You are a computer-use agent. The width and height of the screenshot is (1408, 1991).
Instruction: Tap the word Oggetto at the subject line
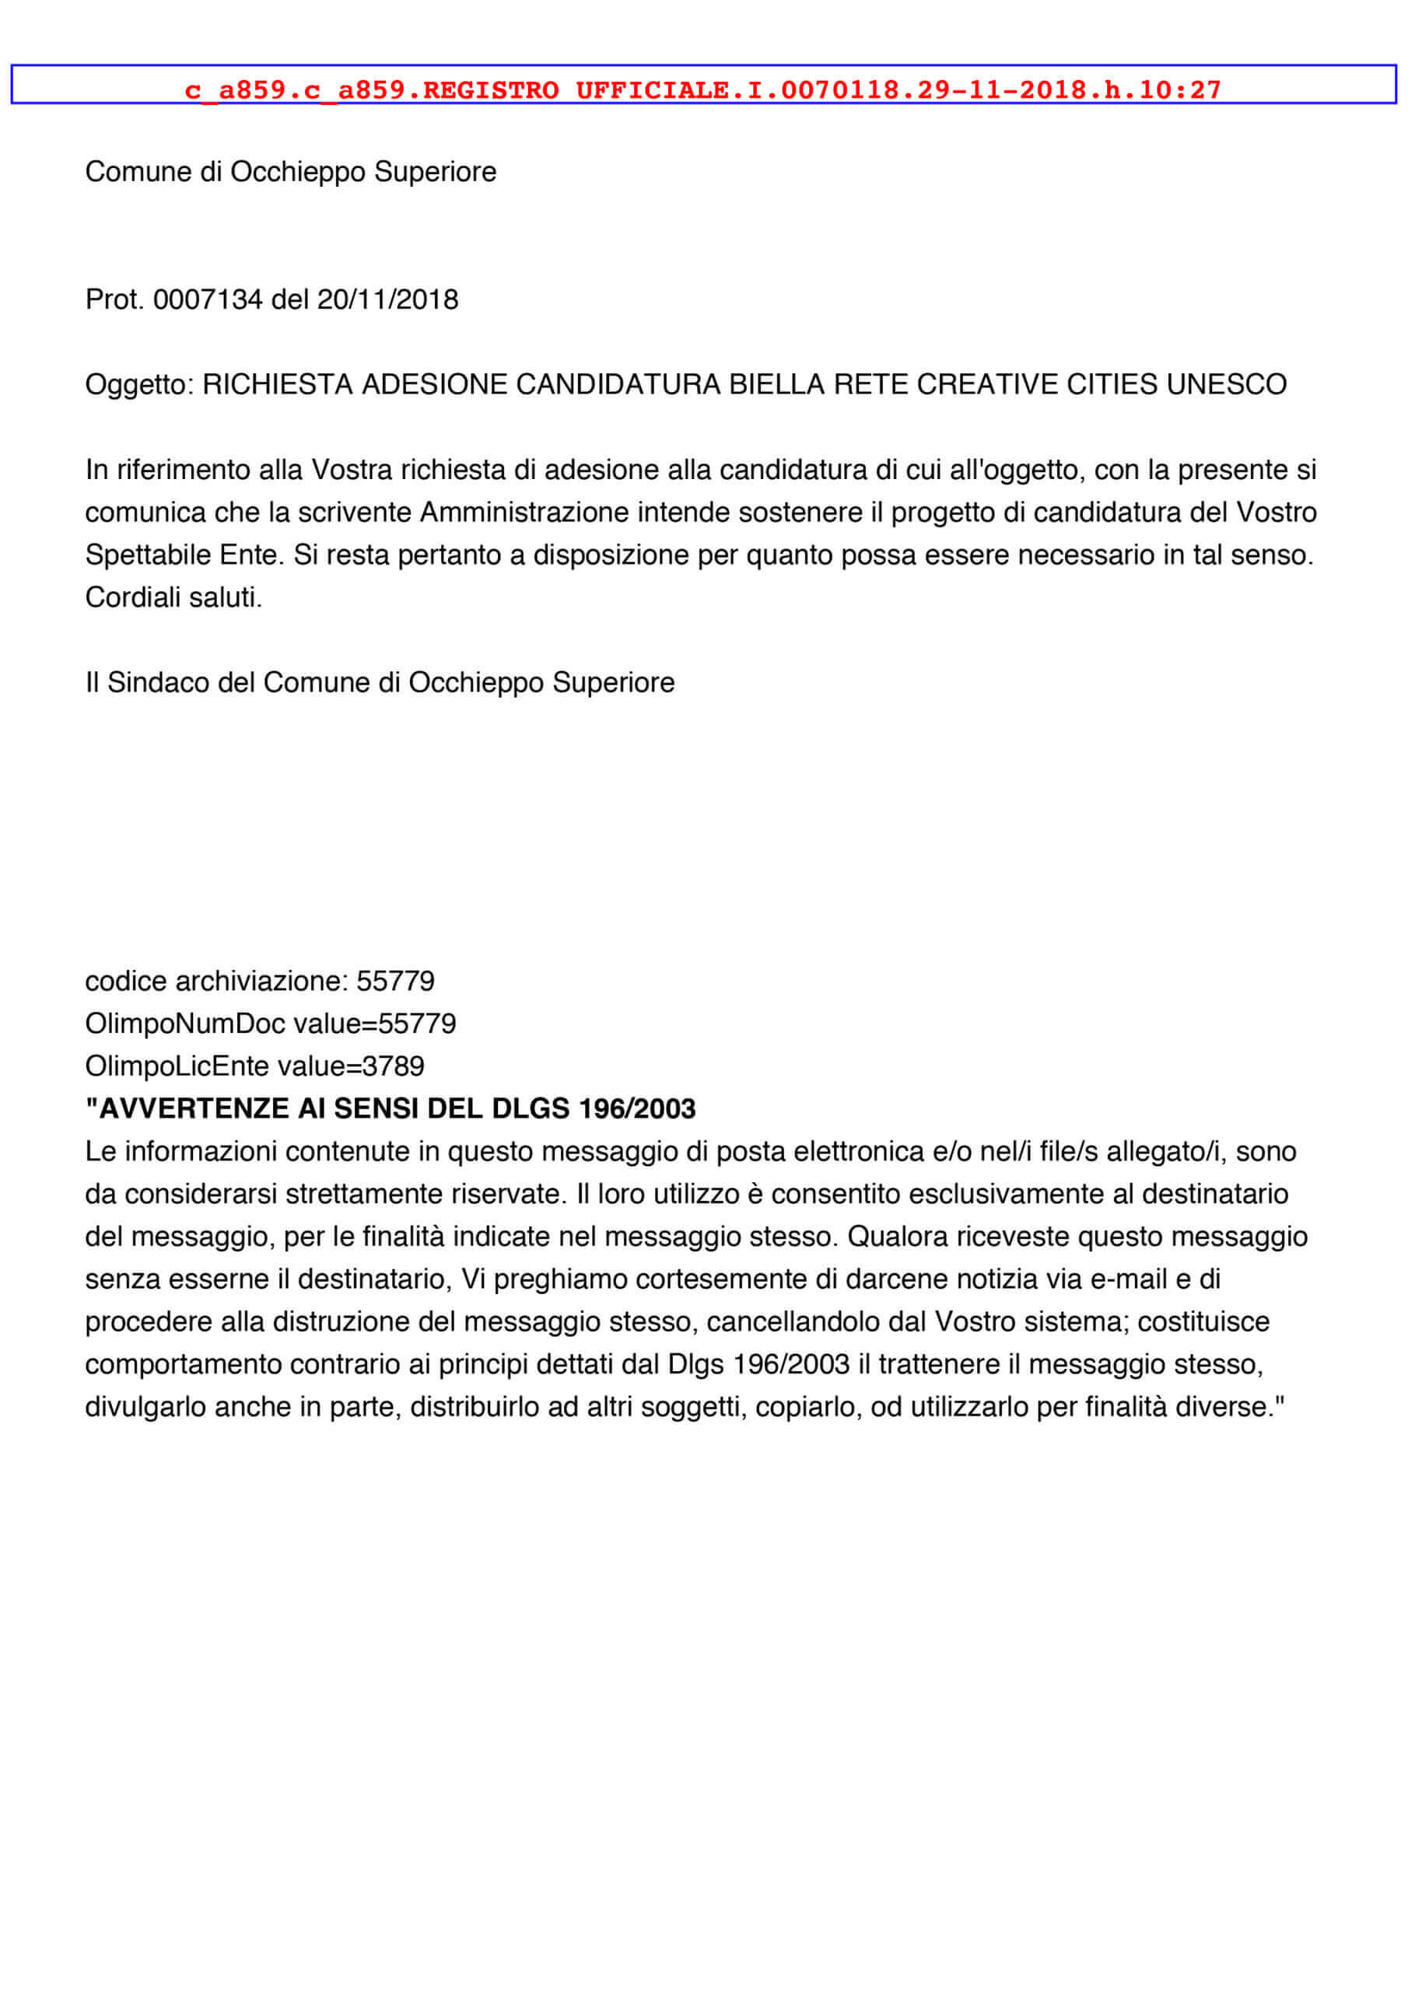pyautogui.click(x=137, y=385)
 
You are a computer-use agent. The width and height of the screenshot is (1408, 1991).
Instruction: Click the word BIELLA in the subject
pyautogui.click(x=776, y=384)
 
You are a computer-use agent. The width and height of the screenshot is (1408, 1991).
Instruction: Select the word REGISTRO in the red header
pyautogui.click(x=491, y=90)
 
